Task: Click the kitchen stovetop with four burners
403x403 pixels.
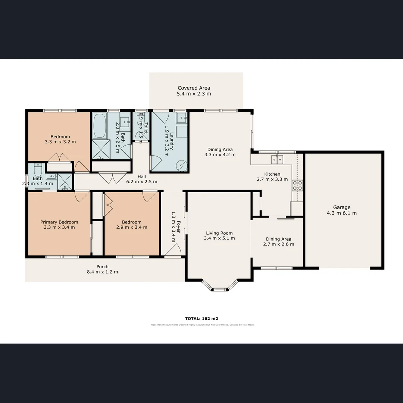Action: (x=297, y=185)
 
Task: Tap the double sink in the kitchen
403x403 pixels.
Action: (x=278, y=160)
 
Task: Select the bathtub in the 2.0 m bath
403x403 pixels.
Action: (x=100, y=126)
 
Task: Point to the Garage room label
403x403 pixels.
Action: (x=342, y=207)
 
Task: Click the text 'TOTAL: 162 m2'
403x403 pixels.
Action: (x=201, y=319)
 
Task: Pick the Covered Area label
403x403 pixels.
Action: (x=194, y=88)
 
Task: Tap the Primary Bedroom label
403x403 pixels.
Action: (x=59, y=222)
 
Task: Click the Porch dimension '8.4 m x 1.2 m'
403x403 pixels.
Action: (x=102, y=272)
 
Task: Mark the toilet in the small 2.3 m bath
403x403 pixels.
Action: (x=38, y=170)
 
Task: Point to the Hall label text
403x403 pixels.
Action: (x=141, y=176)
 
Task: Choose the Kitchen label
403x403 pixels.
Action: (x=272, y=174)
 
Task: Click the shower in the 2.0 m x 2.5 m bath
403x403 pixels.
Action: (x=101, y=149)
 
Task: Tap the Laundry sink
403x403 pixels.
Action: (x=182, y=119)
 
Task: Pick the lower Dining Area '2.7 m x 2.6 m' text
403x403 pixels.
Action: (x=278, y=244)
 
